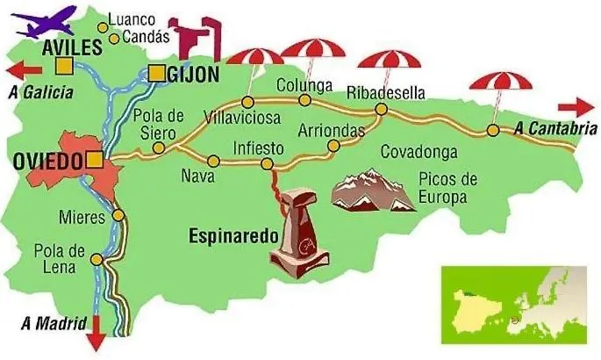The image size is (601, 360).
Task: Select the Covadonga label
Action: (419, 152)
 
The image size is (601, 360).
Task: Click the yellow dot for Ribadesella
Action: (382, 110)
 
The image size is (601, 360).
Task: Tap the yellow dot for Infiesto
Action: (267, 164)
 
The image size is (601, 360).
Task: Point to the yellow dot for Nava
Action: (214, 160)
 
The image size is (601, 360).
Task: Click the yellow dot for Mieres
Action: (118, 215)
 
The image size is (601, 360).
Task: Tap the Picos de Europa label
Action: (447, 188)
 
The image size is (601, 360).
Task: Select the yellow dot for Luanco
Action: (103, 27)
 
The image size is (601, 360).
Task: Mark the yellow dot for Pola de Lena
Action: (96, 260)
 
